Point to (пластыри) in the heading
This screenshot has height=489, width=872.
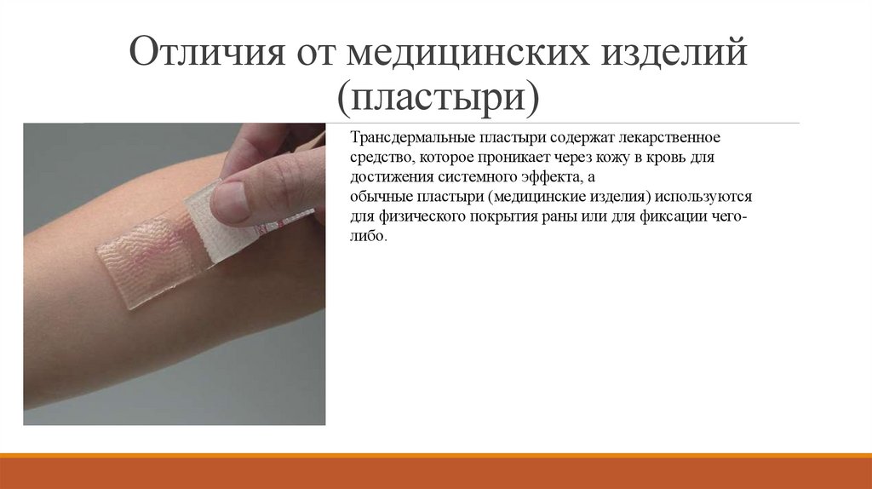[439, 96]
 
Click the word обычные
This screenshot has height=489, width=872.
[378, 197]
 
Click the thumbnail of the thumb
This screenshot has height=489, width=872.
[229, 201]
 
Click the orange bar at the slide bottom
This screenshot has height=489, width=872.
[436, 471]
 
